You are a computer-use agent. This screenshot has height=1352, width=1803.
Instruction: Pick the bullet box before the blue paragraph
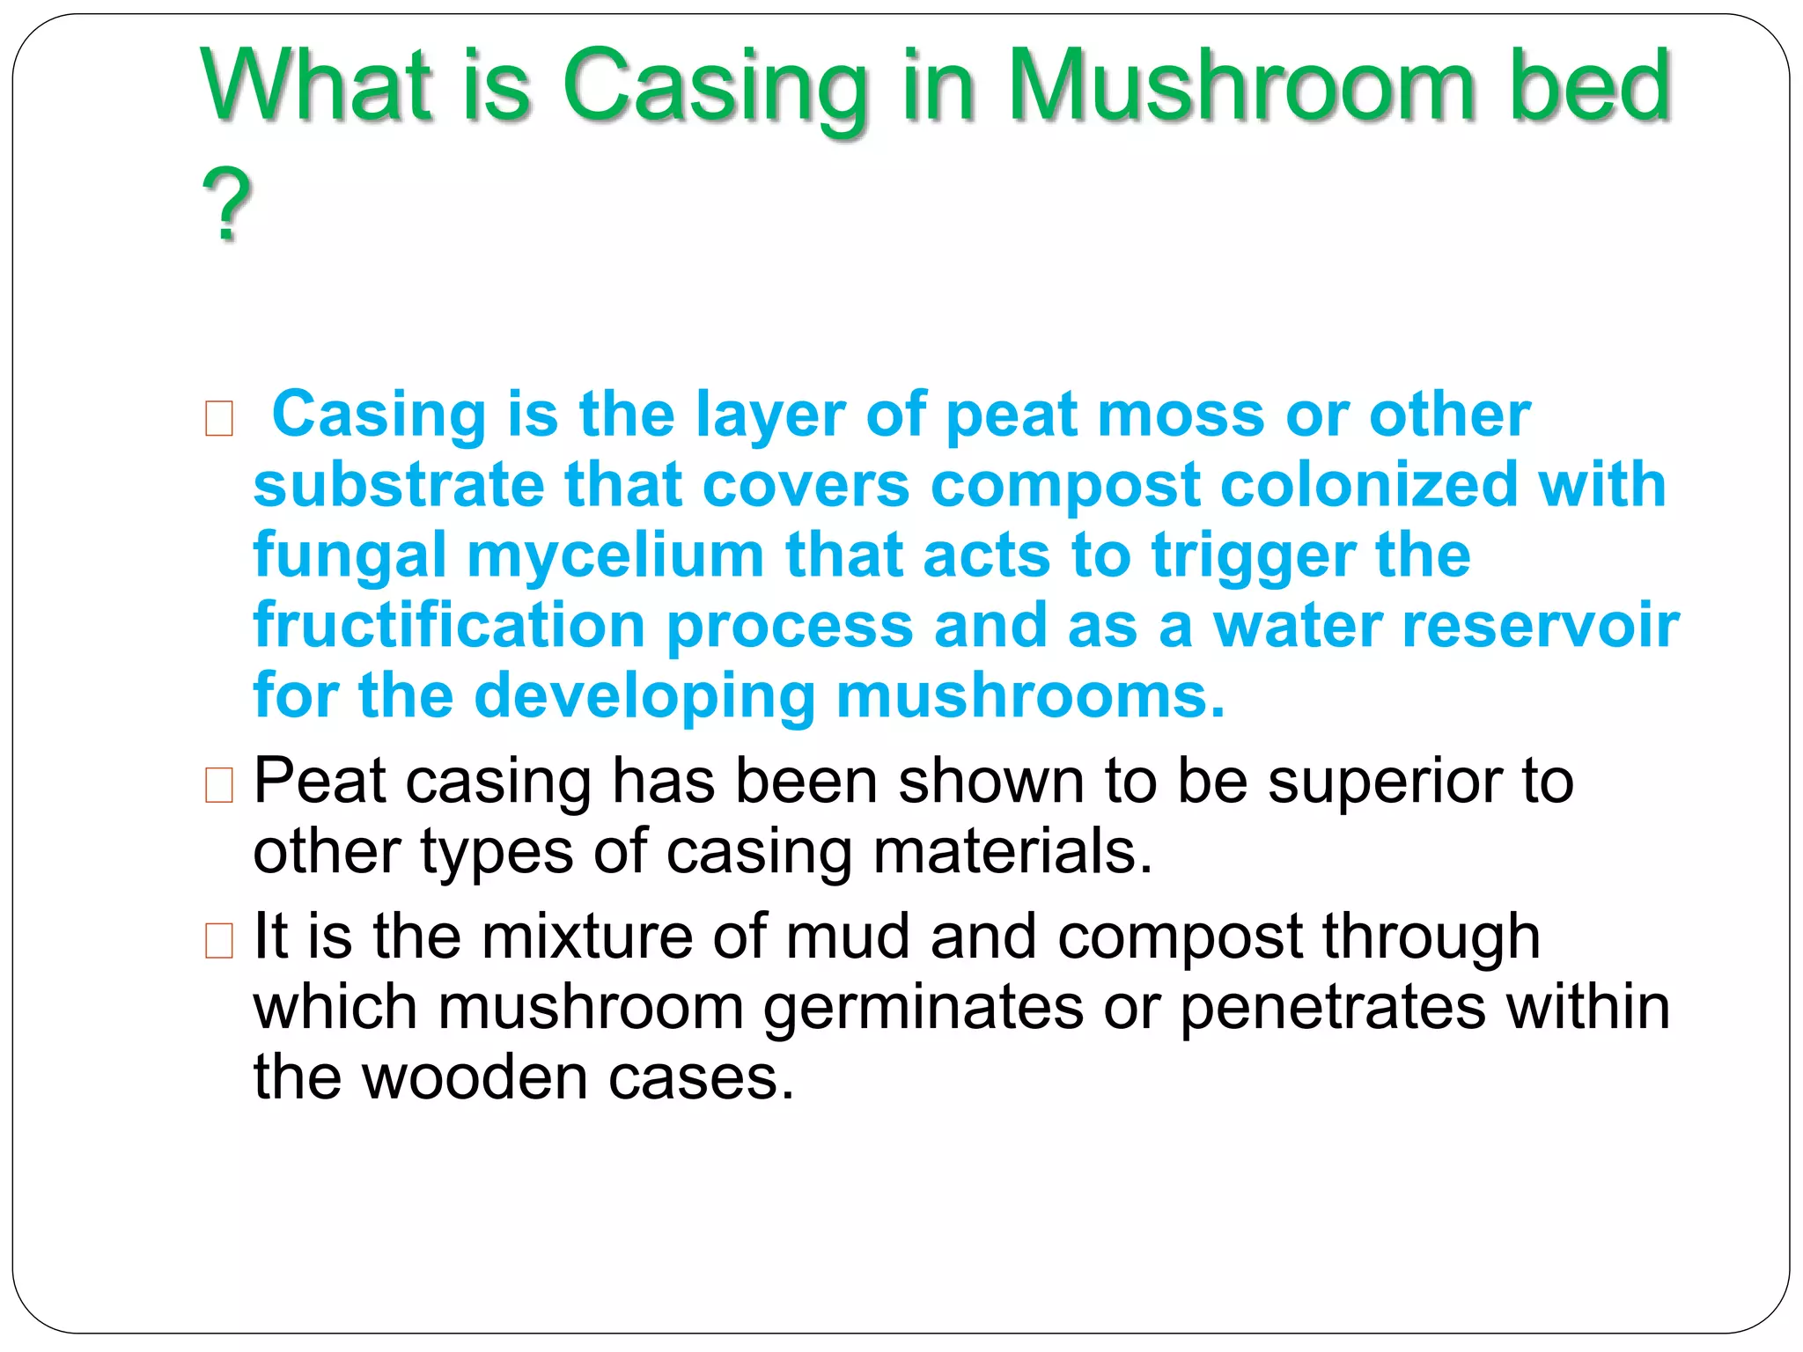coord(218,418)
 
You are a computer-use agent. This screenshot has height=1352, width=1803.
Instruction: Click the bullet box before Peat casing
coord(218,784)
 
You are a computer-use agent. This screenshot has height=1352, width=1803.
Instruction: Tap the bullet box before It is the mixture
coord(218,939)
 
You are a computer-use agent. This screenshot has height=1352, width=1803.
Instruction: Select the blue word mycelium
coord(614,555)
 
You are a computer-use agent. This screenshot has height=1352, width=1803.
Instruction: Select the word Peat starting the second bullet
coord(320,782)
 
